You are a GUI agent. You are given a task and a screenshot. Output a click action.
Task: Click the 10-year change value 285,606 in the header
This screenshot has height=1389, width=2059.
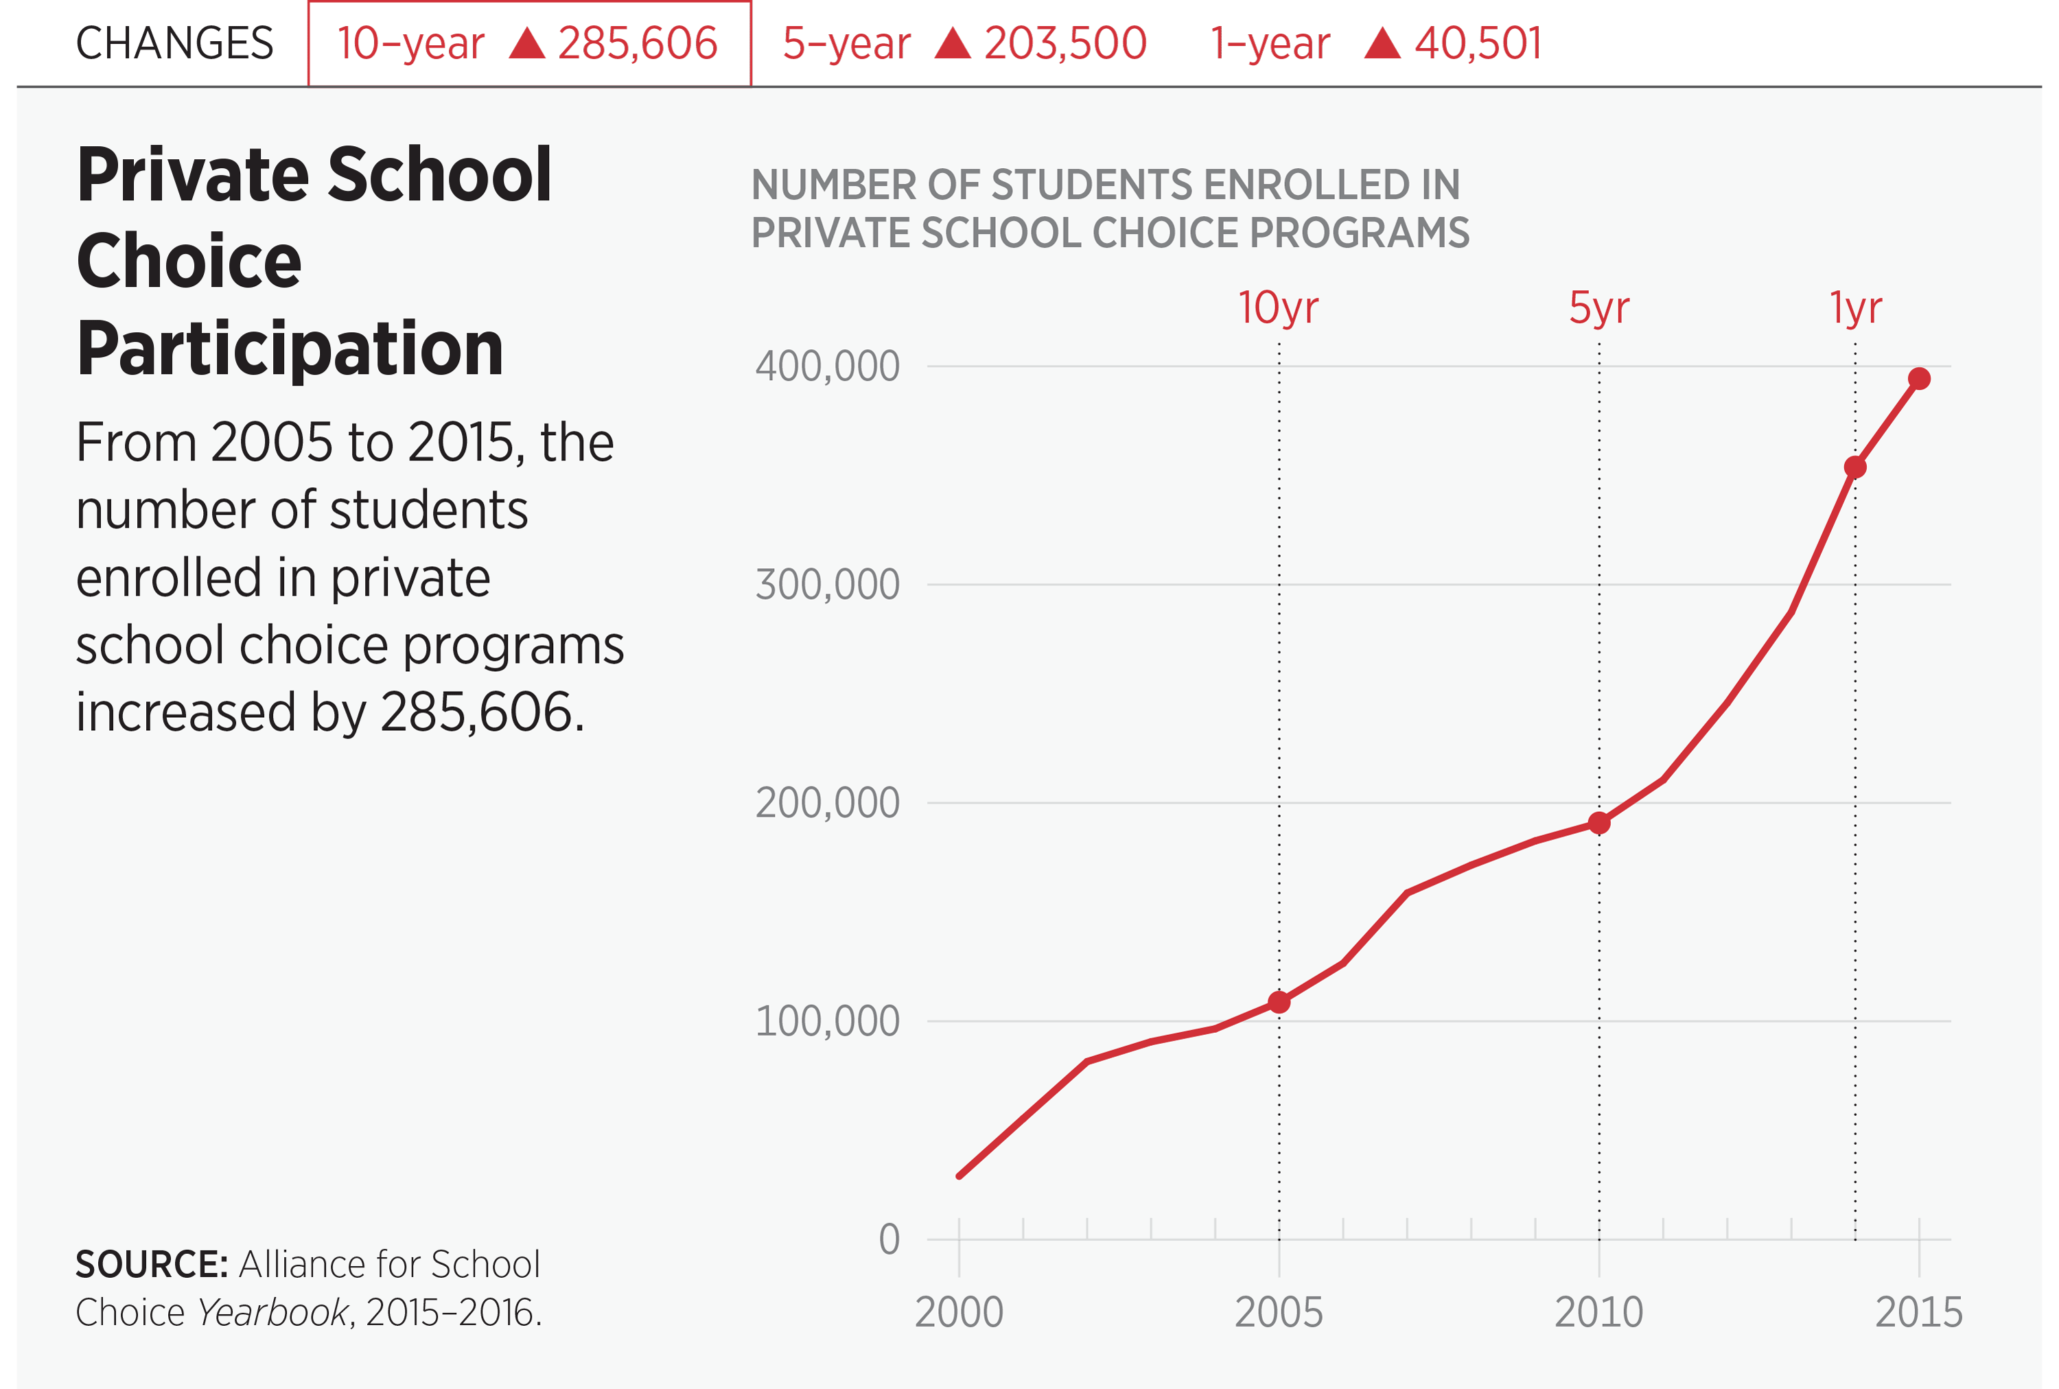[637, 43]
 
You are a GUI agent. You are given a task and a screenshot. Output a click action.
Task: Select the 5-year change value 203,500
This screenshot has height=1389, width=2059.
[1065, 43]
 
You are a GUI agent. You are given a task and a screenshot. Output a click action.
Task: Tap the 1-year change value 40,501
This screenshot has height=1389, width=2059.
[1478, 43]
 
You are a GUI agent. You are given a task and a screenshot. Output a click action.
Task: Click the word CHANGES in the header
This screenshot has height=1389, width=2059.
[174, 43]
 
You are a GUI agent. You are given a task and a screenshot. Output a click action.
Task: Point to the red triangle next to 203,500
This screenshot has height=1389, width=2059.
[953, 43]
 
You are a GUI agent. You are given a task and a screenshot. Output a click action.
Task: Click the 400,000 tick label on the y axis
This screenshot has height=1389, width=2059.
[826, 366]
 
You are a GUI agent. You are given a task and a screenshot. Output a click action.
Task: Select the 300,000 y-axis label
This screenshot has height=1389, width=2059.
[826, 585]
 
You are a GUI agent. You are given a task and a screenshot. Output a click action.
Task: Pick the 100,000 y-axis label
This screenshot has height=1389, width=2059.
[826, 1021]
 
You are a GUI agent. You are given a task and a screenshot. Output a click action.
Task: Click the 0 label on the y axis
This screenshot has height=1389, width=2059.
[889, 1239]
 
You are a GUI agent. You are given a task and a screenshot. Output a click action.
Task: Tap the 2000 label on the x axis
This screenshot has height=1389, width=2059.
[959, 1312]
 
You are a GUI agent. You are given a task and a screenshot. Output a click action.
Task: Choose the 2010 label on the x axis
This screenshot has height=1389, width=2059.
[1598, 1312]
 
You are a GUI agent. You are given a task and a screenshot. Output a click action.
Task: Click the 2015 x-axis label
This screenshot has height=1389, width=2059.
[1918, 1312]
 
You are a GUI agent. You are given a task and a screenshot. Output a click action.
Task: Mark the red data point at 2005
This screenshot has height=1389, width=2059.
[1279, 1002]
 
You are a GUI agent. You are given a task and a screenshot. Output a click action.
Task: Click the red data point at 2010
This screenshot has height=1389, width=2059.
[1598, 824]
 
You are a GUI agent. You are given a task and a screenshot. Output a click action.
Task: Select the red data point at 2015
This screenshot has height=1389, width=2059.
[1919, 379]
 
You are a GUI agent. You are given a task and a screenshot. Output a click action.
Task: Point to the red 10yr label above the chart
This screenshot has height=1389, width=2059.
[1277, 308]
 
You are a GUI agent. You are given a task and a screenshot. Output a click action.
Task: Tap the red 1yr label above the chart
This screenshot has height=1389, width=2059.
[1855, 308]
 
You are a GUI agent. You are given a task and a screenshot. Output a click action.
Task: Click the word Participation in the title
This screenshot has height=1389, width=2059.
[290, 349]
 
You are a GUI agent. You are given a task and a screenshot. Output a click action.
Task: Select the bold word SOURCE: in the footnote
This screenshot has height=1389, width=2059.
[152, 1264]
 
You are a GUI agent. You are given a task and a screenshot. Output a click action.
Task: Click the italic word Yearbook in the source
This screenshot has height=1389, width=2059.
[274, 1312]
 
